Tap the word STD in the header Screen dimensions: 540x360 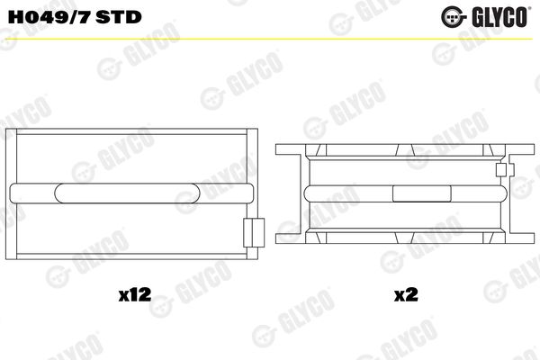point(119,17)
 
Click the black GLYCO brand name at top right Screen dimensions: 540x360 point(499,16)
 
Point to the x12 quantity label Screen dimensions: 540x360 point(135,294)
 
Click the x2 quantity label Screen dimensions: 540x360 point(406,294)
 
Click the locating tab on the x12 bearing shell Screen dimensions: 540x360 point(254,232)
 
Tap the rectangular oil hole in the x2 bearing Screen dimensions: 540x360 point(422,193)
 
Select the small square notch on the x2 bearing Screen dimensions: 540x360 point(500,170)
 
